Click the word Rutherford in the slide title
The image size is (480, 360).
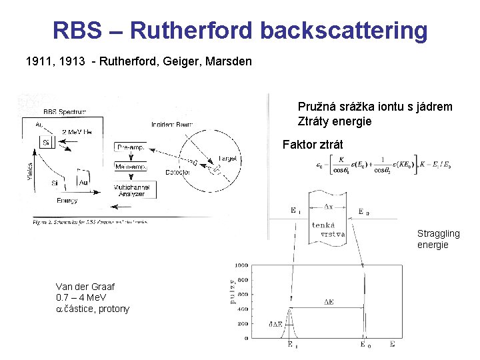[x=191, y=30]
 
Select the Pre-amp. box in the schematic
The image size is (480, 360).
[x=131, y=147]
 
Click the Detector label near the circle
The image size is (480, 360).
[x=178, y=173]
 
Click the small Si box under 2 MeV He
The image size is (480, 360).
[x=46, y=143]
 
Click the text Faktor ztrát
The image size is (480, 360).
[x=313, y=144]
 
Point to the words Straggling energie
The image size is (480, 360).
[x=438, y=239]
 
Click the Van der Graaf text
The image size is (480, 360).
[x=85, y=287]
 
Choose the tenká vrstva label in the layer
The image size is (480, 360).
[x=327, y=230]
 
